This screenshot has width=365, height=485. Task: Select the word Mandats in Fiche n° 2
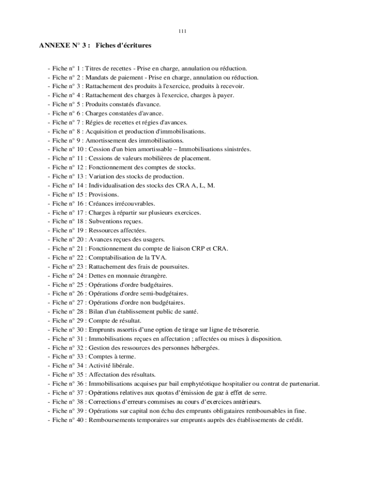[96, 77]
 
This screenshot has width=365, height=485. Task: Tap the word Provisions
[104, 194]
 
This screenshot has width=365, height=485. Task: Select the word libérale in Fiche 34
[122, 365]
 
